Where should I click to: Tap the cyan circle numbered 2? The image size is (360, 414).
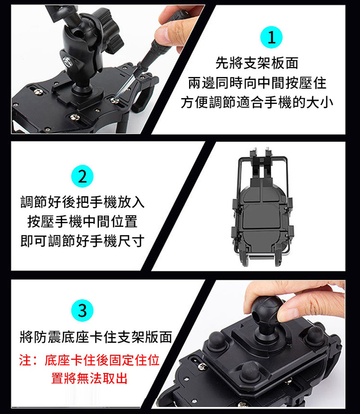(82, 176)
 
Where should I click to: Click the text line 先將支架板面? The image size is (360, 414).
(256, 63)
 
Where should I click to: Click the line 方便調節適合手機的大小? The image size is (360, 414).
(257, 103)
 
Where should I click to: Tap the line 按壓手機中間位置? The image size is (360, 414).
(82, 221)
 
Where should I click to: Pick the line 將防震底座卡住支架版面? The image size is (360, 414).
(96, 337)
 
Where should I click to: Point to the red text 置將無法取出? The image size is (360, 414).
(89, 378)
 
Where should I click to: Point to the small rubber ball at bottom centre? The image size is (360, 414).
(248, 372)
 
